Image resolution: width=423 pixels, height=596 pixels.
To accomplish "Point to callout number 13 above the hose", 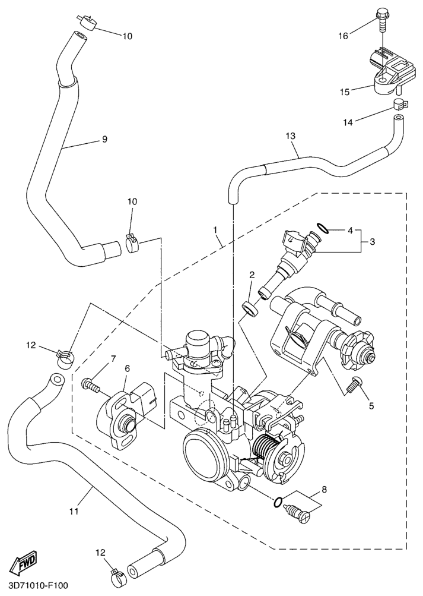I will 290,136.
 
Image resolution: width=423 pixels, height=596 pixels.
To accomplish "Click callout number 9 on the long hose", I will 104,139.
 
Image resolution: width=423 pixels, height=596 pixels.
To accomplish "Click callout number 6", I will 127,369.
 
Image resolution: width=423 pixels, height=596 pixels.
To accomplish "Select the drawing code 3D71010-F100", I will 34,586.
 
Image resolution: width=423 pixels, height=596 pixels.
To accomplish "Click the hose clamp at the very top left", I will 88,23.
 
